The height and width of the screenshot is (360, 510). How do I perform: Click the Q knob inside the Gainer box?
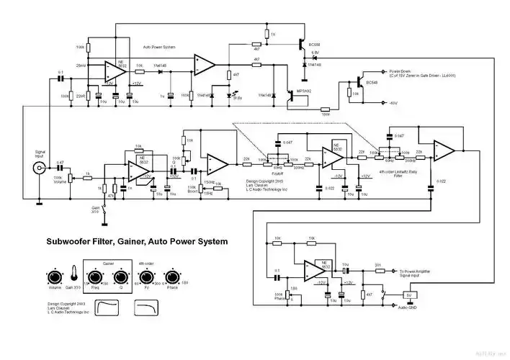(121, 278)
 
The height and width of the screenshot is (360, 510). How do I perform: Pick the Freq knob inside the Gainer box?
(95, 278)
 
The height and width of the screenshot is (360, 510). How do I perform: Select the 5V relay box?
(409, 294)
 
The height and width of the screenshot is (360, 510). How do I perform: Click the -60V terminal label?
(393, 103)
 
